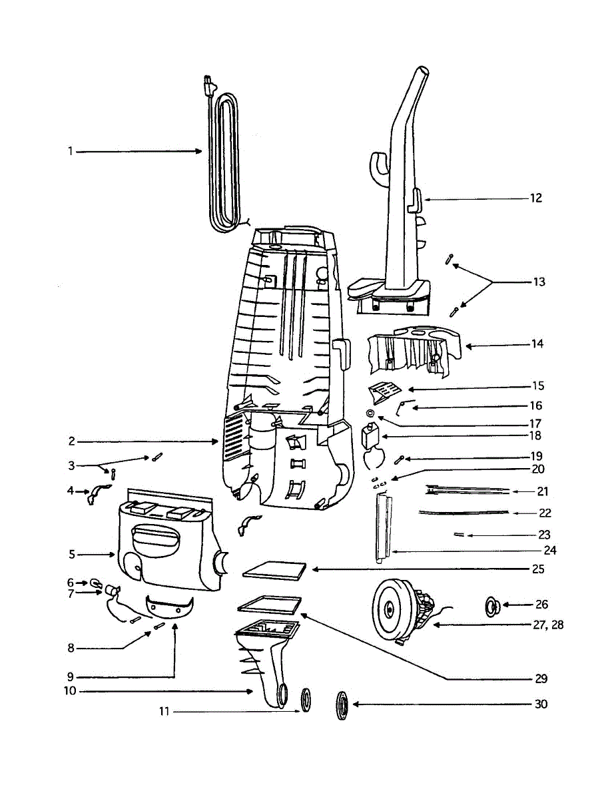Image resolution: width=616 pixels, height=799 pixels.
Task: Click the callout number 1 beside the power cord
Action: pyautogui.click(x=71, y=152)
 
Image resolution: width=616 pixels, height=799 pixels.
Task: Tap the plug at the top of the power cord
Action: pyautogui.click(x=209, y=86)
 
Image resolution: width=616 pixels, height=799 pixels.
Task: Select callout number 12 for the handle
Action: pyautogui.click(x=536, y=198)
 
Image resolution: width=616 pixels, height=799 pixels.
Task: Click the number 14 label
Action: pyautogui.click(x=537, y=344)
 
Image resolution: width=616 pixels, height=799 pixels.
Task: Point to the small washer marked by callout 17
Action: pyautogui.click(x=370, y=413)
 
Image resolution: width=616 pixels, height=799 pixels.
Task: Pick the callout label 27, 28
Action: pyautogui.click(x=548, y=625)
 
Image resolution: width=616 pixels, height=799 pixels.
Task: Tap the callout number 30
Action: pyautogui.click(x=541, y=704)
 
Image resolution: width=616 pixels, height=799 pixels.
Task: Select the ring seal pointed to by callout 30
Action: pyautogui.click(x=342, y=706)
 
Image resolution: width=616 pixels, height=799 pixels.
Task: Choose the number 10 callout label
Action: pyautogui.click(x=70, y=691)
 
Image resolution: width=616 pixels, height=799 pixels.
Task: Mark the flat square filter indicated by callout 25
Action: pyautogui.click(x=274, y=571)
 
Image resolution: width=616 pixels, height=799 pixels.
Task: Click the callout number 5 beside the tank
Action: pyautogui.click(x=72, y=554)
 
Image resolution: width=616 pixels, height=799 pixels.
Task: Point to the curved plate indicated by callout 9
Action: pyautogui.click(x=170, y=607)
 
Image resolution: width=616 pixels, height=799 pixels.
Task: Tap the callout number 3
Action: pyautogui.click(x=71, y=465)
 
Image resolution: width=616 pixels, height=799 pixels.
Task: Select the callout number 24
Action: pyautogui.click(x=550, y=551)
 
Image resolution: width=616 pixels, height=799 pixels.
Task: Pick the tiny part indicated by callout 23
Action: pyautogui.click(x=459, y=535)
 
